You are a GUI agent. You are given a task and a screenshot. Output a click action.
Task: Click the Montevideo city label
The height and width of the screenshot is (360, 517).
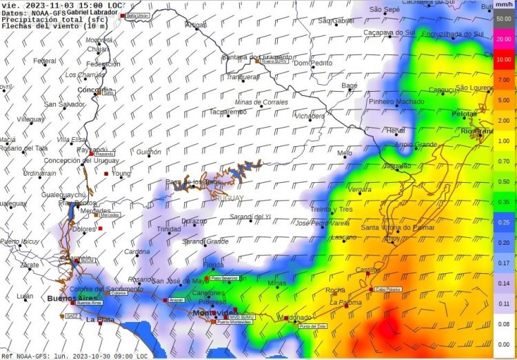coord(214,313)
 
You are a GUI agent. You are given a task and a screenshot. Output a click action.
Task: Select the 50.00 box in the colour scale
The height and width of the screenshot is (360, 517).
coord(503,19)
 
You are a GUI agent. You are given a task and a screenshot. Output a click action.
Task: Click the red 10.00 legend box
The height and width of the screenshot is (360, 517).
coord(503,59)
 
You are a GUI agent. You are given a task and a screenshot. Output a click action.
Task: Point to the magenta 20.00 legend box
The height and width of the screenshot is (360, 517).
coord(503,39)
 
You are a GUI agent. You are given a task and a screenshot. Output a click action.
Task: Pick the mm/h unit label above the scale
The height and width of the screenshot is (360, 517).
coord(503,5)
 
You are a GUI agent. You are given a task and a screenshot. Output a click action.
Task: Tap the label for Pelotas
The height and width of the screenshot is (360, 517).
coord(464,114)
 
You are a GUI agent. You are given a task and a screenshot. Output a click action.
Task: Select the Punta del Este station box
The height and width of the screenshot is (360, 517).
coord(313,326)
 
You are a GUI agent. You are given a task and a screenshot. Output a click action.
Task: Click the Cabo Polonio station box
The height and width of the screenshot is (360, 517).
coord(389,290)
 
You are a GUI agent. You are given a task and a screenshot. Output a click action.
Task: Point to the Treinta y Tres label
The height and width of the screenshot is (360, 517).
coord(332,209)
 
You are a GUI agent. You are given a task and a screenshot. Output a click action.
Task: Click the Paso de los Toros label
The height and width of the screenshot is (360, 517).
coord(194,181)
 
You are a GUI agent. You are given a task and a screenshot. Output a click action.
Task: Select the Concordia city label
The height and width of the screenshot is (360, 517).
coord(96,90)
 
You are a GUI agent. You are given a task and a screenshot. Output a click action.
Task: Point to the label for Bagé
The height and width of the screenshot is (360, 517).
coord(349,86)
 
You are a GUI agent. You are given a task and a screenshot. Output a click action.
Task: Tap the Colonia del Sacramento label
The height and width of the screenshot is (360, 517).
coord(106,288)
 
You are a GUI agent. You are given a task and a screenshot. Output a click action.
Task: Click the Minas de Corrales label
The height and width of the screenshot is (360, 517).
coord(261,102)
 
